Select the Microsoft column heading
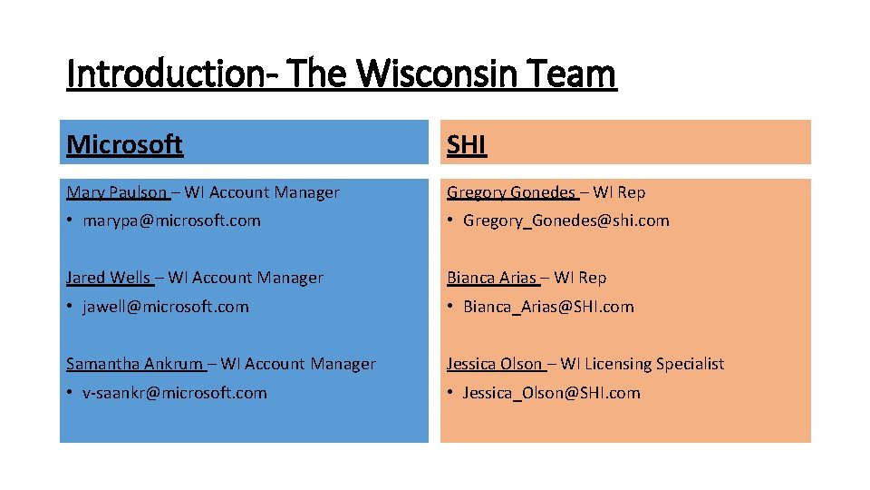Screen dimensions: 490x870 pos(124,144)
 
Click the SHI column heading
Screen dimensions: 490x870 pos(467,144)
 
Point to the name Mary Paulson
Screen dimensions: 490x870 pos(116,192)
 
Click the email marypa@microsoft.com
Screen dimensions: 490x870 pos(171,220)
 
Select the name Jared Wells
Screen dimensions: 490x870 pos(108,278)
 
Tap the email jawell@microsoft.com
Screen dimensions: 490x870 pos(165,307)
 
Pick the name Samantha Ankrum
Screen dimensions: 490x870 pos(134,364)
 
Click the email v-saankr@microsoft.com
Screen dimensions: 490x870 pos(175,393)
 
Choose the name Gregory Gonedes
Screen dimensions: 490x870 pos(511,192)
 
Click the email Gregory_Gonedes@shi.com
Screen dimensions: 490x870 pos(565,220)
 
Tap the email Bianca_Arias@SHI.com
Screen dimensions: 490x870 pos(548,307)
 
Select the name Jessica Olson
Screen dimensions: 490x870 pos(494,364)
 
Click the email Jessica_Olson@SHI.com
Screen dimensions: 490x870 pos(551,393)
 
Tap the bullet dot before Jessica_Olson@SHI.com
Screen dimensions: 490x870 pos(450,393)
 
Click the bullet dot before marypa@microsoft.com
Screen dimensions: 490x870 pos(70,220)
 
